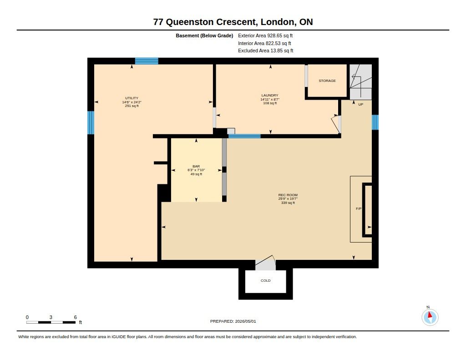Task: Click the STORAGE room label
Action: tap(327, 81)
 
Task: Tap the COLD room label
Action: tap(265, 280)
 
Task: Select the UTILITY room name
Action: tap(132, 98)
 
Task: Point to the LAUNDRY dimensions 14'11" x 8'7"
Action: tap(270, 99)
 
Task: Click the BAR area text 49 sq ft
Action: tap(196, 174)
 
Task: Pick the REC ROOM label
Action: tap(288, 195)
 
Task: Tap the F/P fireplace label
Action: tap(359, 209)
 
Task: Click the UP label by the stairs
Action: tap(360, 104)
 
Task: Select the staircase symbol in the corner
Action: tap(360, 82)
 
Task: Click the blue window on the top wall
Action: tap(147, 61)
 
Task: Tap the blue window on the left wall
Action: tap(91, 122)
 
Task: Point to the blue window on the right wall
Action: tap(375, 122)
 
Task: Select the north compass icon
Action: tap(430, 317)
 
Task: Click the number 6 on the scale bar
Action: tap(76, 317)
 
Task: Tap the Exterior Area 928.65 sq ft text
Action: tap(265, 35)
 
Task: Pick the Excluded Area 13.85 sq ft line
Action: tap(265, 51)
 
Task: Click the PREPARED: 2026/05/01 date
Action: tap(233, 321)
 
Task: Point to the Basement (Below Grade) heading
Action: tap(204, 35)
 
